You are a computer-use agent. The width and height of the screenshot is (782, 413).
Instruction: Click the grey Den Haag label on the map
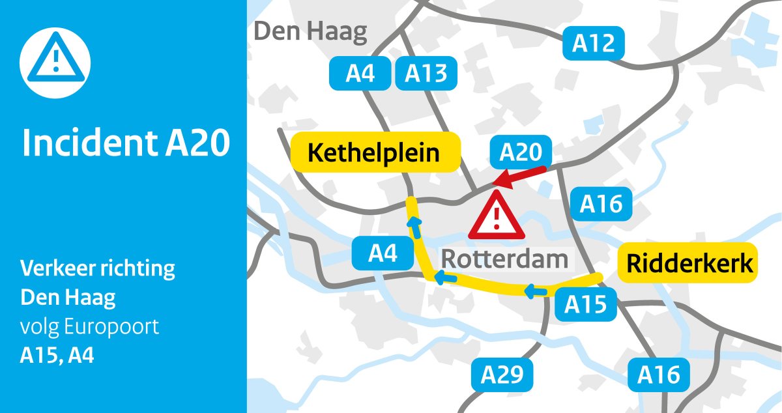(x=310, y=31)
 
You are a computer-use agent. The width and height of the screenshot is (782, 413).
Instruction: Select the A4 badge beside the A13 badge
(x=360, y=74)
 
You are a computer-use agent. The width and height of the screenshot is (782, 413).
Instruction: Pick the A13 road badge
(x=426, y=74)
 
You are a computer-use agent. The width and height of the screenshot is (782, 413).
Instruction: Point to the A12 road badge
(x=594, y=44)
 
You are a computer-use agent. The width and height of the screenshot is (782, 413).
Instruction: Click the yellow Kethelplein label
(x=374, y=154)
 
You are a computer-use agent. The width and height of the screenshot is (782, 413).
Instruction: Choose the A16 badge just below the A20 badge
(x=601, y=205)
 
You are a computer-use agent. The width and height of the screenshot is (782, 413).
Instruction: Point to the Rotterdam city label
(x=504, y=259)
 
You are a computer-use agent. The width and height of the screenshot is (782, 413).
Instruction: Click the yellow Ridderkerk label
(x=689, y=263)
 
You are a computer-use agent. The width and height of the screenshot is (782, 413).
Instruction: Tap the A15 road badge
(x=585, y=304)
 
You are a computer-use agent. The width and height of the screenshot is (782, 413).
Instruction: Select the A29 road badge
(x=502, y=375)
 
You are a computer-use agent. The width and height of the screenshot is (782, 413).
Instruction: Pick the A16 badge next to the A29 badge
(x=659, y=375)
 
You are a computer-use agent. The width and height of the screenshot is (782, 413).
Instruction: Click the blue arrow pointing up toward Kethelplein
(x=413, y=227)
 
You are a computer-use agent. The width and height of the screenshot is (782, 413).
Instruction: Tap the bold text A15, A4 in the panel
(x=57, y=356)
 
